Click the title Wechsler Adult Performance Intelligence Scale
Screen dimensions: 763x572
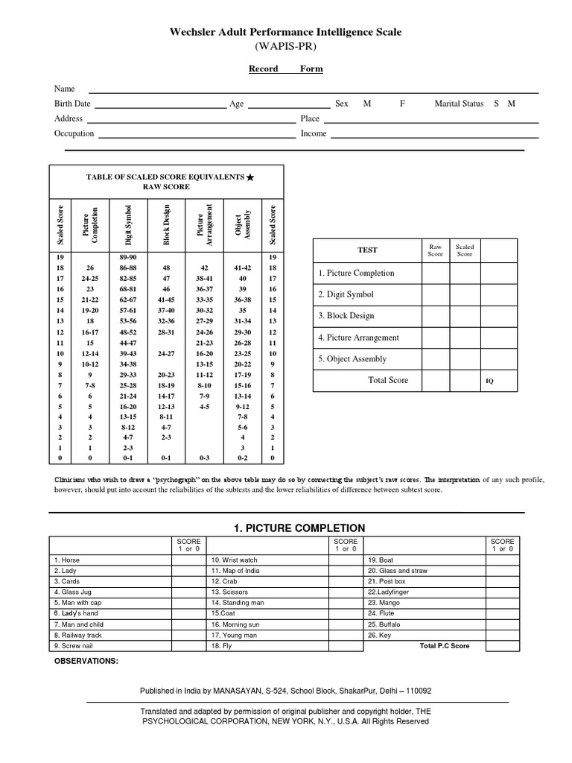[286, 32]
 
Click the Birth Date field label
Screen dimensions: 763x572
[72, 104]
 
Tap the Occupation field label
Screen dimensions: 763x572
[74, 134]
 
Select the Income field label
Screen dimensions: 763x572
[314, 134]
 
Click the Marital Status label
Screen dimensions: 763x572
[459, 104]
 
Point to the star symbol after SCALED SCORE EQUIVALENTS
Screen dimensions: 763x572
[250, 177]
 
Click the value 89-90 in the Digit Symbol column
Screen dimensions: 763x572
[129, 256]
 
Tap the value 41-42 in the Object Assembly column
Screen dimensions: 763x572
[243, 267]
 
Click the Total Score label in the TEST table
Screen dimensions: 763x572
[388, 380]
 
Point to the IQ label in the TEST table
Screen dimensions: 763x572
[489, 381]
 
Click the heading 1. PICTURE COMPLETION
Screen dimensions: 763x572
[288, 528]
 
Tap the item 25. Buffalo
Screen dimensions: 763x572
[385, 624]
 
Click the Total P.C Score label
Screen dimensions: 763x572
[445, 646]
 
